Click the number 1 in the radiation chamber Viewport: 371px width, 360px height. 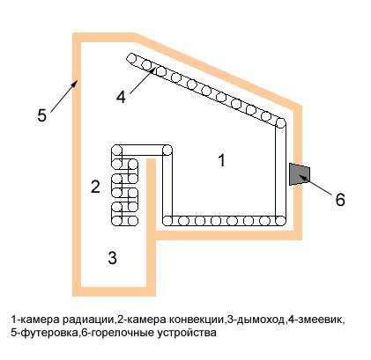click(x=222, y=160)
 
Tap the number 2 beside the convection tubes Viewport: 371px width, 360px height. click(x=95, y=187)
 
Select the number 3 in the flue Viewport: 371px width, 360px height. click(x=112, y=258)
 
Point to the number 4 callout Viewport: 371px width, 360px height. click(x=121, y=97)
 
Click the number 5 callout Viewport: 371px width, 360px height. click(x=41, y=115)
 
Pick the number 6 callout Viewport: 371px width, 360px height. click(x=340, y=200)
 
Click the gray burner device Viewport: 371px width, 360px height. click(x=299, y=174)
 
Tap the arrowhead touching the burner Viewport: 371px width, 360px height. click(x=304, y=177)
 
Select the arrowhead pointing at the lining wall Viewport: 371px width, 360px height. click(x=75, y=84)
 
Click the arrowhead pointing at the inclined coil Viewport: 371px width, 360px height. click(x=152, y=70)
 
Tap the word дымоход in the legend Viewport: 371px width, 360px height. click(x=261, y=320)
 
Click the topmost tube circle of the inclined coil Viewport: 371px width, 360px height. click(x=131, y=58)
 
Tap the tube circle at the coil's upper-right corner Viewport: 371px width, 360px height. click(x=281, y=123)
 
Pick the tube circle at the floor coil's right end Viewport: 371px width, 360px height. click(x=280, y=220)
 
